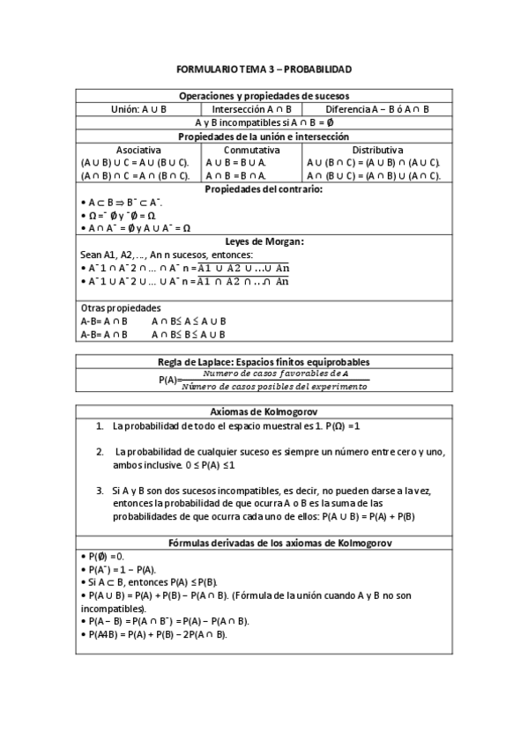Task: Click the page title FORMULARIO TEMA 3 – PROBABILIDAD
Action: click(x=264, y=68)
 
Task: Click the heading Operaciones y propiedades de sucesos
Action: click(x=264, y=95)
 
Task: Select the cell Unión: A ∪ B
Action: click(x=138, y=109)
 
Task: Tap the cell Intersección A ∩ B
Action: click(x=251, y=109)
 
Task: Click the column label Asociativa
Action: click(x=138, y=150)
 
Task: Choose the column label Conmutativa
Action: click(x=251, y=150)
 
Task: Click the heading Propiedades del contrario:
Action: click(x=264, y=189)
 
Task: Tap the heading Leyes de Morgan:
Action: click(x=264, y=241)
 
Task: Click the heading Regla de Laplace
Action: click(x=264, y=362)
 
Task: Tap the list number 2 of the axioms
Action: click(x=100, y=452)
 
